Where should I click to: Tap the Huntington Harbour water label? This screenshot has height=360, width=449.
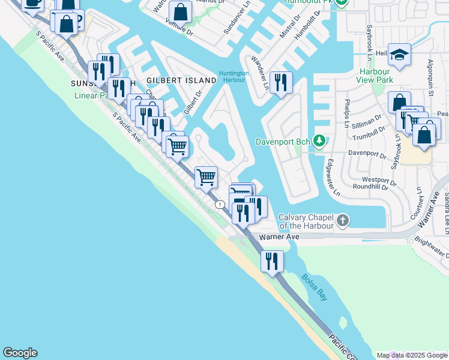tap(234, 77)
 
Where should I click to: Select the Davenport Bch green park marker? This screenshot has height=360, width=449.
tap(319, 142)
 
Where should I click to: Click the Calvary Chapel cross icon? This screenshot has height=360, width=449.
tap(342, 220)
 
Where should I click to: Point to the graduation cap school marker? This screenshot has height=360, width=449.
tap(399, 55)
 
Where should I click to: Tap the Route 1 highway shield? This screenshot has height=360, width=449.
tap(221, 205)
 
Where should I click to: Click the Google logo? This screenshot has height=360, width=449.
tap(20, 353)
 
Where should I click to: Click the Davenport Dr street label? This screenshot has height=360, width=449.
tap(367, 154)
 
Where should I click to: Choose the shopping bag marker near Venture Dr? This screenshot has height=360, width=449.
tap(179, 11)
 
